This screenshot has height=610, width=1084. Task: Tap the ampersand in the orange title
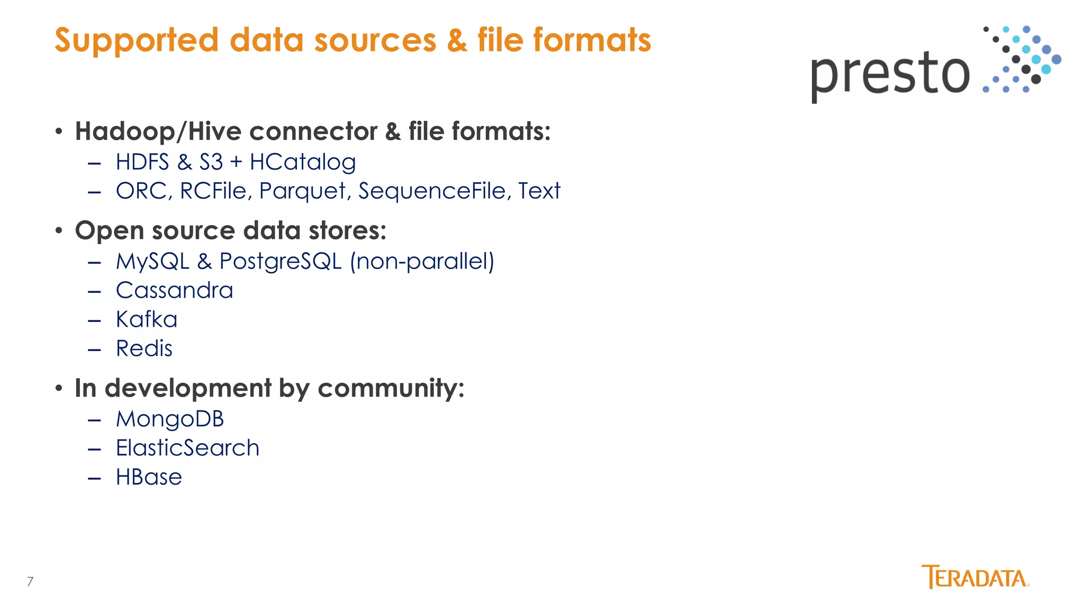pyautogui.click(x=457, y=41)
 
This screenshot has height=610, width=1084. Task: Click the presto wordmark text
pyautogui.click(x=890, y=75)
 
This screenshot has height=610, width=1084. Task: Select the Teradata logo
pyautogui.click(x=975, y=577)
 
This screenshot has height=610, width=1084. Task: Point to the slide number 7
pyautogui.click(x=30, y=581)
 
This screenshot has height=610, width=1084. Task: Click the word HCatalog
pyautogui.click(x=303, y=162)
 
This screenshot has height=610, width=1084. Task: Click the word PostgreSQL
pyautogui.click(x=281, y=261)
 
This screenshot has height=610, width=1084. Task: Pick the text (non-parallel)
pyautogui.click(x=422, y=261)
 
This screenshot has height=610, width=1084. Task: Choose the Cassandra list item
pyautogui.click(x=174, y=290)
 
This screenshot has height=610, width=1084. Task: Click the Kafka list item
pyautogui.click(x=147, y=319)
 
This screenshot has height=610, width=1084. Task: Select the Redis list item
pyautogui.click(x=144, y=348)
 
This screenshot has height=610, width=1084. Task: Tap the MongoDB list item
pyautogui.click(x=170, y=419)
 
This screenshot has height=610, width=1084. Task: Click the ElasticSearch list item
pyautogui.click(x=187, y=448)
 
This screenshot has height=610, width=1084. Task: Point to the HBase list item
pyautogui.click(x=149, y=477)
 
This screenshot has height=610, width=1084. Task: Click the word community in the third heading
pyautogui.click(x=391, y=388)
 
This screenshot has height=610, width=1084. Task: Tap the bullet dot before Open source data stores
pyautogui.click(x=59, y=231)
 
